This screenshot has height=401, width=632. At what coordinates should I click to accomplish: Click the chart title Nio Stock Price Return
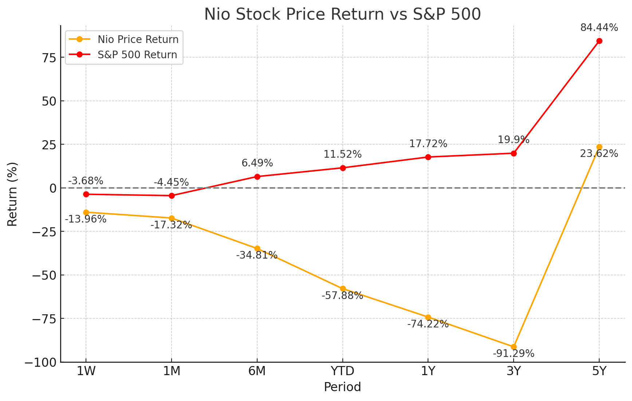point(342,15)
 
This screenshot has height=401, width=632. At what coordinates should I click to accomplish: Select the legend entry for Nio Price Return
point(138,39)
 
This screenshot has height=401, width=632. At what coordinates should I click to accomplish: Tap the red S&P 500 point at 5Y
point(599,41)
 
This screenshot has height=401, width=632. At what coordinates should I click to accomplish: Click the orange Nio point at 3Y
point(514,347)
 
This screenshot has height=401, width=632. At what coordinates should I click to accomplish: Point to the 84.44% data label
point(599,28)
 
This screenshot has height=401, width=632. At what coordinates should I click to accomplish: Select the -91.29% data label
point(514,354)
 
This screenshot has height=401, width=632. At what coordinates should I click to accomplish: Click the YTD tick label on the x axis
point(342,371)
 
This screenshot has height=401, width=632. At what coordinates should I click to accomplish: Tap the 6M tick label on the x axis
point(257,371)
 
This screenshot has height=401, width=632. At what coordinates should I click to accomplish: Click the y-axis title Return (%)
point(12,194)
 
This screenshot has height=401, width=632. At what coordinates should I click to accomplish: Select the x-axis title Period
point(342,387)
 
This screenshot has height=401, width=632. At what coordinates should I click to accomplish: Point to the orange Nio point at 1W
point(86,212)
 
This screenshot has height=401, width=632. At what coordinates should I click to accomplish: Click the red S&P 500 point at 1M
point(172,196)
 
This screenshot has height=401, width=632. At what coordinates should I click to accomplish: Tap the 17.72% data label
point(428,144)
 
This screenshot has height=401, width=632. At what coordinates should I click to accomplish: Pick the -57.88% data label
point(342,296)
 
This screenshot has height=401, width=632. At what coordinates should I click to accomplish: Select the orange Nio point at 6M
point(257,248)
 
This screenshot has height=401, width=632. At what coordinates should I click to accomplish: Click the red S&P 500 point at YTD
point(343,168)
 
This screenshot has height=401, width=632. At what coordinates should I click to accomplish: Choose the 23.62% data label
point(599,154)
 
